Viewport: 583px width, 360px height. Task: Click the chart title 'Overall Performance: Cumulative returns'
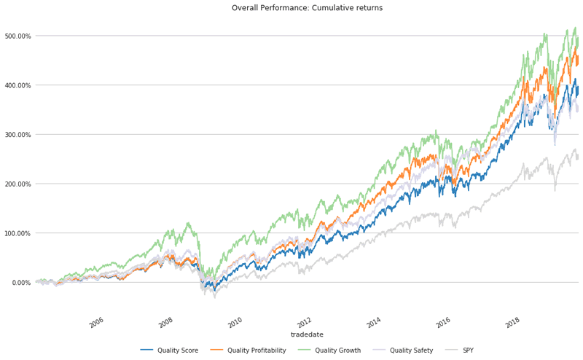307,8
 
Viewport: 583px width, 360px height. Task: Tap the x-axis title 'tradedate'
307,334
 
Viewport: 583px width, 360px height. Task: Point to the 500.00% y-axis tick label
17,36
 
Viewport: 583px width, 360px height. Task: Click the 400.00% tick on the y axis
17,85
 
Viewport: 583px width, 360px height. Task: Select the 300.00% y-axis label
17,135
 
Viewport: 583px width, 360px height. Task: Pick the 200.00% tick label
17,184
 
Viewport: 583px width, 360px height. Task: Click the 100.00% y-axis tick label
17,233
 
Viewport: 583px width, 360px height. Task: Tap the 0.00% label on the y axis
20,283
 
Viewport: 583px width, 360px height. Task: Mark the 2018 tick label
512,323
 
